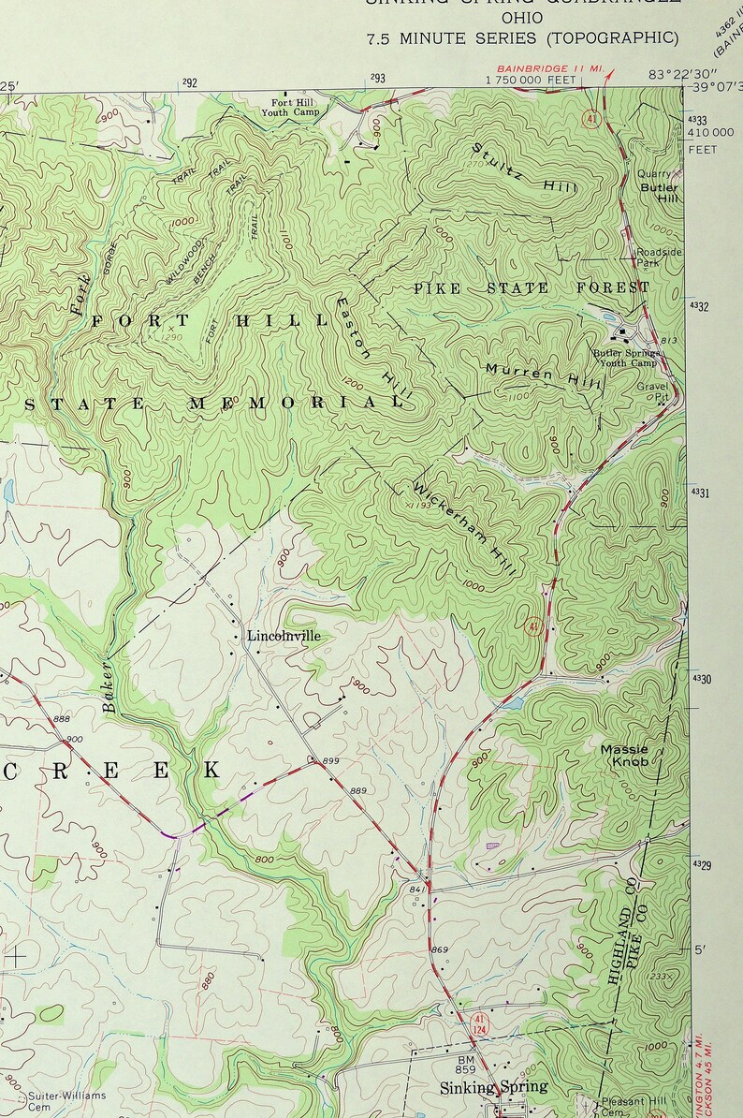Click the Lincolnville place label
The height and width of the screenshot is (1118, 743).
(x=284, y=636)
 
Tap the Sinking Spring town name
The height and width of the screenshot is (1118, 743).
(x=493, y=1087)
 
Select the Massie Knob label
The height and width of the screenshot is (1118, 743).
(x=623, y=756)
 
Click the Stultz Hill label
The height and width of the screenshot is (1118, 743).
(x=525, y=168)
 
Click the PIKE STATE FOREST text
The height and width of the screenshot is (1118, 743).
(x=531, y=288)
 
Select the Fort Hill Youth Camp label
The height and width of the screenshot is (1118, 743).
(x=295, y=107)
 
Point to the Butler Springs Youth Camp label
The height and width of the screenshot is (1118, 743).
(x=625, y=359)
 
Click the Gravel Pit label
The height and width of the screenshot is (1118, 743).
(x=653, y=391)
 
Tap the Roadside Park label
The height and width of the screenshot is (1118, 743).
(x=659, y=258)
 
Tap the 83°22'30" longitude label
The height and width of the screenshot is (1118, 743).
(x=681, y=75)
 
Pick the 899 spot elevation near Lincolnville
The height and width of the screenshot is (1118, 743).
(x=330, y=761)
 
